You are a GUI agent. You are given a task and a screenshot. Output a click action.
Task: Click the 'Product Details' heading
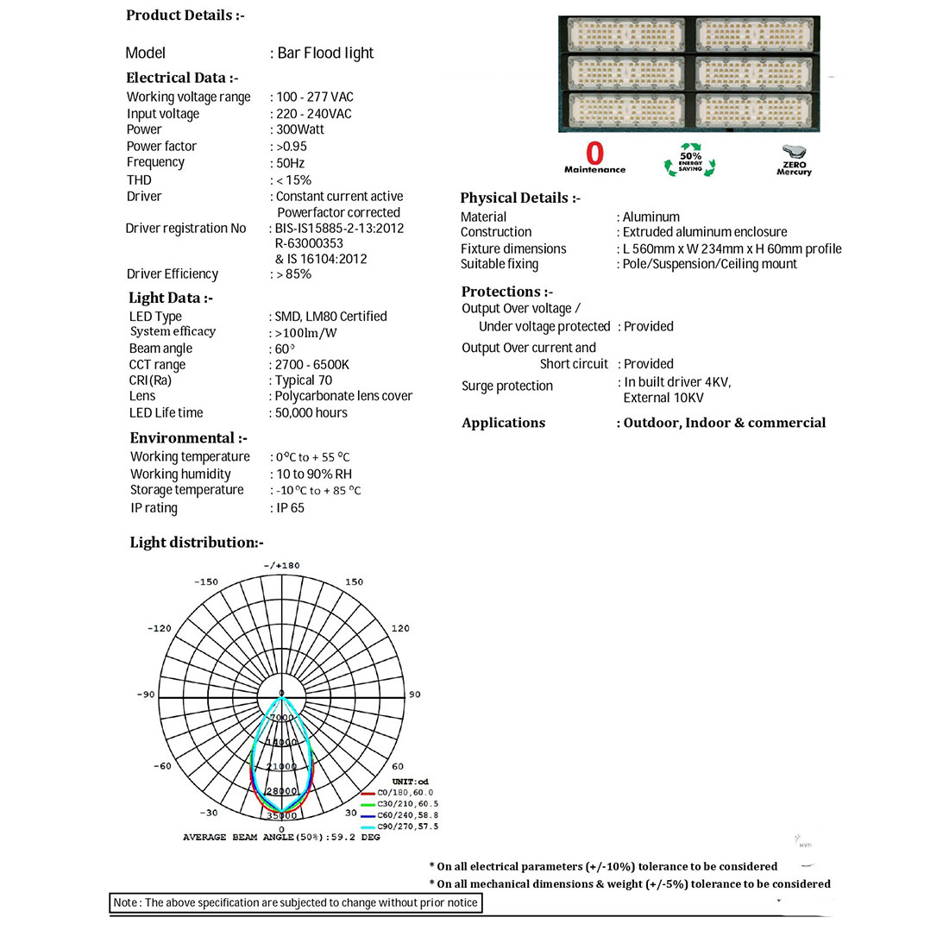185,16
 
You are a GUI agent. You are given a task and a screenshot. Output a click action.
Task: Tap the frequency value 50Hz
291,163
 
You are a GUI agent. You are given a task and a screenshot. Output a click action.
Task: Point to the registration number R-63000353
309,243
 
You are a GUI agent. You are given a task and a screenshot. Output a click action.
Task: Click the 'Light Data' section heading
170,298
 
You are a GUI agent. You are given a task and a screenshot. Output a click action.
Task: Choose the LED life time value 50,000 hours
311,412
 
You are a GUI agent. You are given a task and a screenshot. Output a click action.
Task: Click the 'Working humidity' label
180,474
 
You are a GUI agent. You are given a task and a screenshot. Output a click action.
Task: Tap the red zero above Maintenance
594,154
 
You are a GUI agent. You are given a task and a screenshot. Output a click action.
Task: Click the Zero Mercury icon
794,160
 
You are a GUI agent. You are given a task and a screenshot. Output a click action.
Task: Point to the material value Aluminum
651,217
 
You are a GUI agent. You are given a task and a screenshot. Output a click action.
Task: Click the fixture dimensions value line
732,248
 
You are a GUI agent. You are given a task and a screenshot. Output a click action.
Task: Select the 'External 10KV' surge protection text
663,398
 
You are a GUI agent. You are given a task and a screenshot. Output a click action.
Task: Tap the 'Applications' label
503,423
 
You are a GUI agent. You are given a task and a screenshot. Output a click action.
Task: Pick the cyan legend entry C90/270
406,826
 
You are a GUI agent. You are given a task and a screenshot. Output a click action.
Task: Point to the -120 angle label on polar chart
160,628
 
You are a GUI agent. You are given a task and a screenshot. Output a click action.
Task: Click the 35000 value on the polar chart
282,815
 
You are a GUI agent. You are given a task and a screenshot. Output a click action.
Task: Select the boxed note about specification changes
296,902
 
